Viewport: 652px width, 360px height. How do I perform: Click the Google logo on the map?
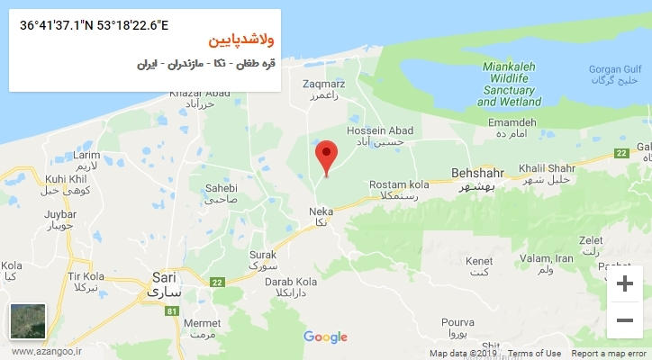325,337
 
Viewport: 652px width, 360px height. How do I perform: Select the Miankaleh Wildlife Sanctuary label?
512,85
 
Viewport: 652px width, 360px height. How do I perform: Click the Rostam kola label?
395,190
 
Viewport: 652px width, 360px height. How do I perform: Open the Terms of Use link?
534,354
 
